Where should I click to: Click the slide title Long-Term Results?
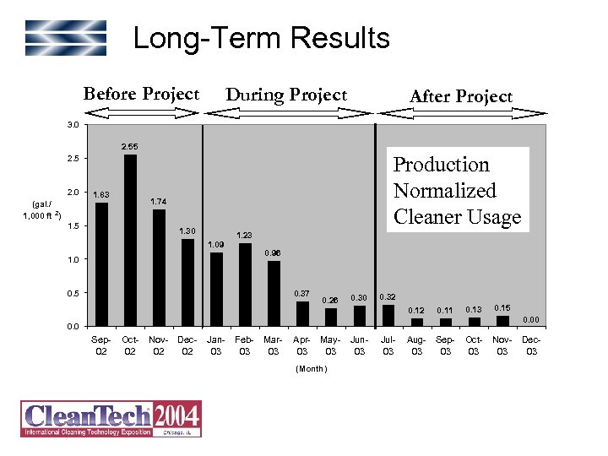tap(261, 38)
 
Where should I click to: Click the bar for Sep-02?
tap(101, 264)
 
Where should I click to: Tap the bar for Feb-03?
tap(245, 285)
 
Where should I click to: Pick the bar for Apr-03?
tap(301, 313)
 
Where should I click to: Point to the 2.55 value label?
tap(130, 147)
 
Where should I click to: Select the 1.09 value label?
tap(216, 245)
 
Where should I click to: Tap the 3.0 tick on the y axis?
tap(73, 125)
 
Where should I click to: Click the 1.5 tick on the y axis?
tap(73, 226)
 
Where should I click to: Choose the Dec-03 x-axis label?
tap(530, 345)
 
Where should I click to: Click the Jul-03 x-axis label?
tap(388, 345)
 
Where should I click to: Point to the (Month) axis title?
tap(312, 369)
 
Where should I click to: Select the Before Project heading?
tap(141, 94)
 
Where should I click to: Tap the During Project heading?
tap(286, 95)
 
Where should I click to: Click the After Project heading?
tap(460, 96)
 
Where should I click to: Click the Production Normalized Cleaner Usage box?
tap(457, 191)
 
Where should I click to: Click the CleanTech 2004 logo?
tap(111, 419)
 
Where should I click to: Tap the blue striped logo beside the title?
tap(65, 38)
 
